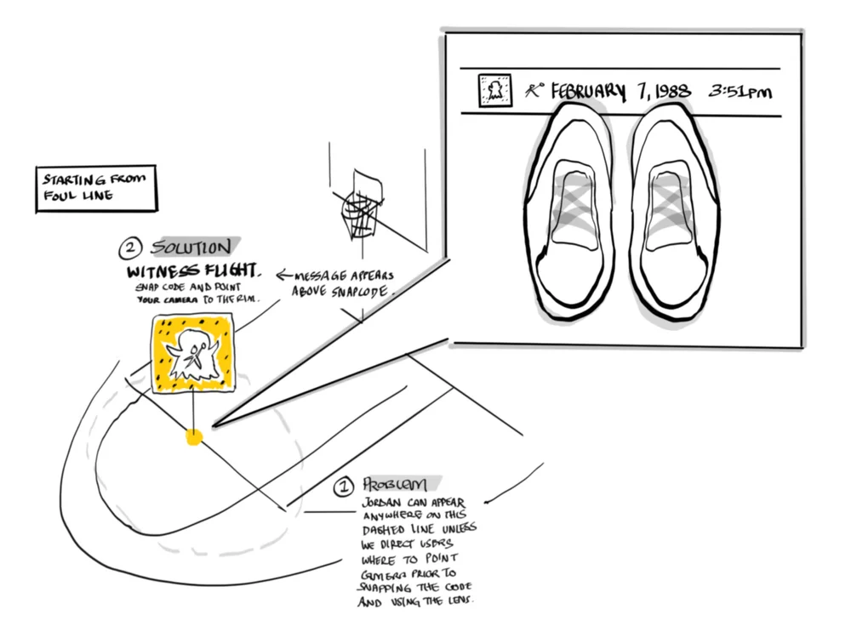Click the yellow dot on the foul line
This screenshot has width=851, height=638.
pyautogui.click(x=194, y=437)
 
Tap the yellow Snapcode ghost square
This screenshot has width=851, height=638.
pyautogui.click(x=192, y=354)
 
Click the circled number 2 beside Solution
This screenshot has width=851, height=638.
pyautogui.click(x=130, y=250)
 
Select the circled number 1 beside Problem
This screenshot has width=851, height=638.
pyautogui.click(x=343, y=487)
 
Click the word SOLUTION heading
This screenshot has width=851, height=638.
pyautogui.click(x=191, y=248)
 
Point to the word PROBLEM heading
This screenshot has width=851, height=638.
pyautogui.click(x=397, y=485)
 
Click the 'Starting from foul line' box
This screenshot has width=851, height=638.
pyautogui.click(x=96, y=189)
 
